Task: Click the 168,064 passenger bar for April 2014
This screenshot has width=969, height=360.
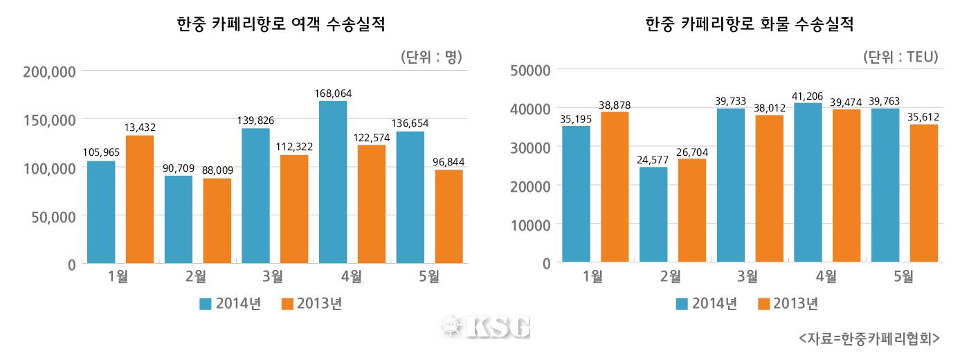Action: [333, 182]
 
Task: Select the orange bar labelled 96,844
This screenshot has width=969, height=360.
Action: [449, 216]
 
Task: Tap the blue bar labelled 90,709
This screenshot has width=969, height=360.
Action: [179, 219]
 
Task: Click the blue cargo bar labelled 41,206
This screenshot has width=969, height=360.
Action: [808, 183]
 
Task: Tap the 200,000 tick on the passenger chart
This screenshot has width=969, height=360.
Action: [49, 71]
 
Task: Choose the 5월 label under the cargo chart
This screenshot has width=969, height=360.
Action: [904, 277]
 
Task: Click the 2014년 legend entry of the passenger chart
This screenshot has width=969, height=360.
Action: [229, 303]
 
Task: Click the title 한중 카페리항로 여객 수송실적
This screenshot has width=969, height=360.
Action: [281, 25]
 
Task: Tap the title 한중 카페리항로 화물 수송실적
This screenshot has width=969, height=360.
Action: [749, 25]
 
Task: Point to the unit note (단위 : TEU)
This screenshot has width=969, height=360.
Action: [900, 57]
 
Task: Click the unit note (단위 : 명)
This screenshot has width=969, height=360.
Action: [431, 57]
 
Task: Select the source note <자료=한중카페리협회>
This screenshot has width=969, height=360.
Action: [869, 338]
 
